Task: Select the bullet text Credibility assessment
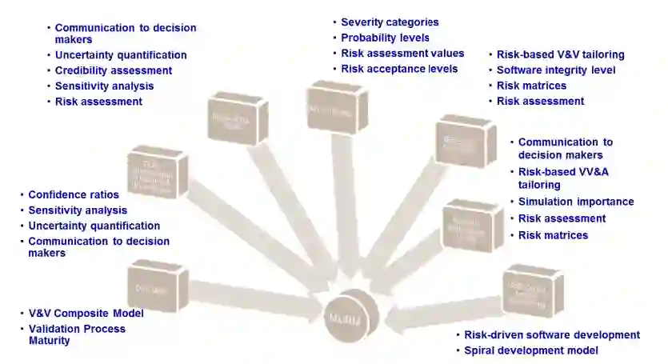113,70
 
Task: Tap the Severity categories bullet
390,22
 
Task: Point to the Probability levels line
385,38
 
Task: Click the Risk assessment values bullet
402,53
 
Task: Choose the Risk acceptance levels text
399,69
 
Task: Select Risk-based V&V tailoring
560,55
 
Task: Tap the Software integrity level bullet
556,70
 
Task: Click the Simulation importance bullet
576,202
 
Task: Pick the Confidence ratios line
74,194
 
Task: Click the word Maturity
49,341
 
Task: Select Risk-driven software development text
552,335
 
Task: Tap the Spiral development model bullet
531,350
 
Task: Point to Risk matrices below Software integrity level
531,86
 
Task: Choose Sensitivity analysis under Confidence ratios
78,210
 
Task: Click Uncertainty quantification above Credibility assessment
121,55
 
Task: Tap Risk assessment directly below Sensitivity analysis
98,102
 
